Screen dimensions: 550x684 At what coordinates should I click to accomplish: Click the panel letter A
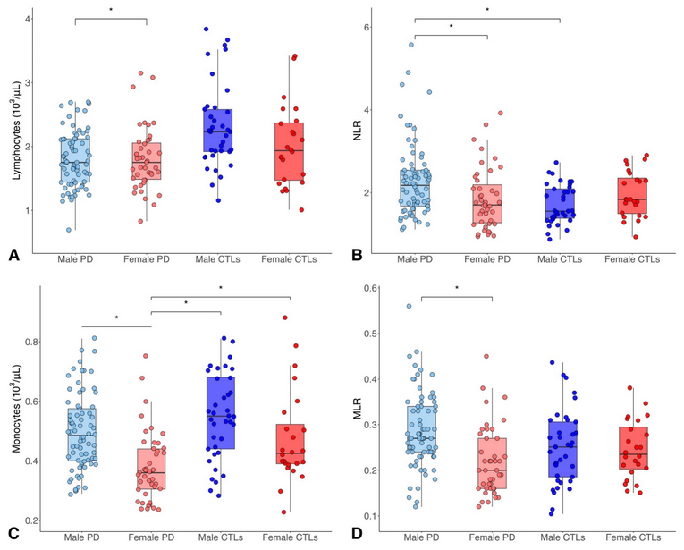pyautogui.click(x=13, y=256)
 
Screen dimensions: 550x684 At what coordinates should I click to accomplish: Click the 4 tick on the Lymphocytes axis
pyautogui.click(x=30, y=20)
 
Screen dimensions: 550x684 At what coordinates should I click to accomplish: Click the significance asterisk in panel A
pyautogui.click(x=111, y=11)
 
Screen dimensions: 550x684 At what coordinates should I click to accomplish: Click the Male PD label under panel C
pyautogui.click(x=82, y=537)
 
